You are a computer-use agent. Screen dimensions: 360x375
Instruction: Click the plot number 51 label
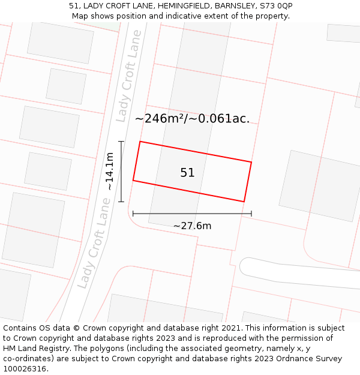(x=187, y=173)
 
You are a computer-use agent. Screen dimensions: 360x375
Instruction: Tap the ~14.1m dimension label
(x=109, y=172)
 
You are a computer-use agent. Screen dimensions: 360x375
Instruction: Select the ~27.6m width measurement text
(x=192, y=226)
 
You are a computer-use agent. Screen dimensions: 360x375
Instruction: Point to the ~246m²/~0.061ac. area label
(x=192, y=119)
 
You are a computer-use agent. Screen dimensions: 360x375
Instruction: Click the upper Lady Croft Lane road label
(x=130, y=76)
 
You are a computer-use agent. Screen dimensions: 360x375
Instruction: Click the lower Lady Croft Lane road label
(x=95, y=252)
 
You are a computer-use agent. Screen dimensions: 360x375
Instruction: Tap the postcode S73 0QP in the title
(x=276, y=6)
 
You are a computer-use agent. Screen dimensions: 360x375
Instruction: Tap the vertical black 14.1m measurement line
(x=121, y=172)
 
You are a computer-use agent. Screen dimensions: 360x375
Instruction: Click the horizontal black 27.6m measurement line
(x=192, y=213)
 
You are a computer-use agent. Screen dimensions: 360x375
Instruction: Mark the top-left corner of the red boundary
(x=140, y=142)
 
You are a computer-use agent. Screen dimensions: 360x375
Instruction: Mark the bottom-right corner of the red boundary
(x=244, y=202)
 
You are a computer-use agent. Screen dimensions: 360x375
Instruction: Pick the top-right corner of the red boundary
(x=251, y=162)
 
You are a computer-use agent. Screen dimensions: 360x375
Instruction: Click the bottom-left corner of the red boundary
(x=133, y=180)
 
